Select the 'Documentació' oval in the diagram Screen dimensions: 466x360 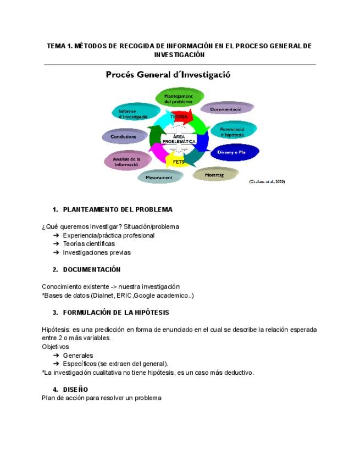click(x=226, y=109)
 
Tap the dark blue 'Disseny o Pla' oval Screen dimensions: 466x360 click(x=235, y=152)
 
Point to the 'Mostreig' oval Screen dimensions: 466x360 click(x=214, y=175)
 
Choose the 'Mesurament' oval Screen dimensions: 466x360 click(x=159, y=177)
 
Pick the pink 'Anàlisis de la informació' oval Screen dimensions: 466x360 click(x=127, y=160)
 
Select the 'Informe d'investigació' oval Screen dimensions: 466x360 click(x=133, y=114)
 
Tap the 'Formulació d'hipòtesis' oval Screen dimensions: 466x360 click(x=233, y=131)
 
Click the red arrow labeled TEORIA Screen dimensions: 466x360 click(x=179, y=116)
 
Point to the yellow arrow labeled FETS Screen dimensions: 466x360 click(x=179, y=162)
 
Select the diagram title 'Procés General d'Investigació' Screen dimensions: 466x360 click(x=168, y=75)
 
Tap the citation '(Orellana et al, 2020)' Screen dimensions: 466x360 click(x=267, y=181)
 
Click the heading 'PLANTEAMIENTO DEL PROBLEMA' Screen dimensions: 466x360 click(x=118, y=209)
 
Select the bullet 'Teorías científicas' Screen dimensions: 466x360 click(x=89, y=243)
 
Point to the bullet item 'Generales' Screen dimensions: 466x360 click(x=78, y=355)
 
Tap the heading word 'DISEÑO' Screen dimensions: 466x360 click(x=75, y=390)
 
